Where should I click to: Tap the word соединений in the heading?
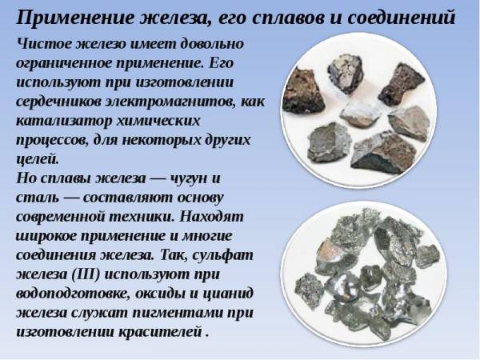point(402,18)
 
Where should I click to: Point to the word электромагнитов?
point(170,102)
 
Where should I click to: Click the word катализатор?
point(63,122)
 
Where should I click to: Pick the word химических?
point(158,121)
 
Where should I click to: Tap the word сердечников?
point(58,102)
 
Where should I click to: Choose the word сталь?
point(37,198)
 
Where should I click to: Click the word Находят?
point(211,217)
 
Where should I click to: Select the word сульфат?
point(222,255)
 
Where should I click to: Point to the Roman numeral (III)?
point(86,274)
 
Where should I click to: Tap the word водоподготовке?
point(73,294)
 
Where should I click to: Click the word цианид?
point(228,294)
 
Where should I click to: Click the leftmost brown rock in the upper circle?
point(302,91)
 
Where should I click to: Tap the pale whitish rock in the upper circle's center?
point(360,114)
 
